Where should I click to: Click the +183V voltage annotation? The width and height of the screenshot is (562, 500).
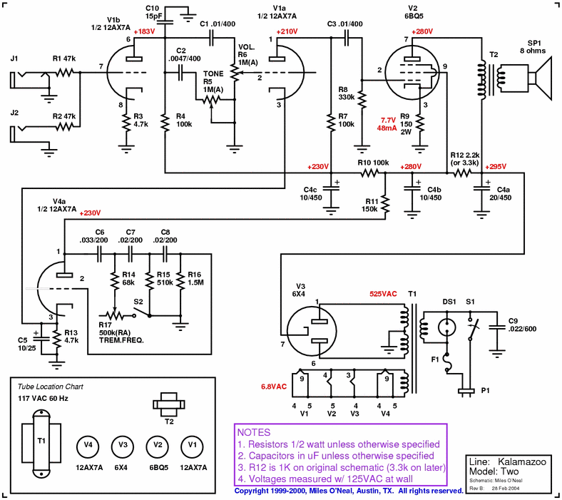tap(143, 31)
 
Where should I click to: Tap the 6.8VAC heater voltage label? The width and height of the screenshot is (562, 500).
tap(274, 386)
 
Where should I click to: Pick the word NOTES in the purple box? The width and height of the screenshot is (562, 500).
tap(253, 432)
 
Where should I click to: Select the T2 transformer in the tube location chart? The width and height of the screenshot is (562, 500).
tap(170, 404)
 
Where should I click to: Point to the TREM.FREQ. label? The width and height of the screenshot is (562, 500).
tap(121, 340)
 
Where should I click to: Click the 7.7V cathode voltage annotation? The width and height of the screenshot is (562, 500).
tap(388, 120)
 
